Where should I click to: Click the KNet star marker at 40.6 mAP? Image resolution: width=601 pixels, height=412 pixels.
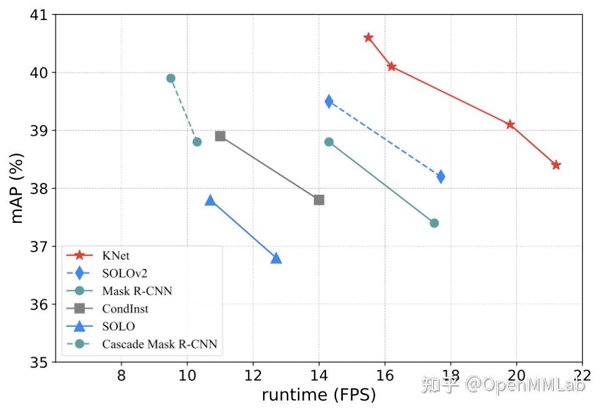tap(368, 37)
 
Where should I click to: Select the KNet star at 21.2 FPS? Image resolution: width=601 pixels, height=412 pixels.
tap(556, 165)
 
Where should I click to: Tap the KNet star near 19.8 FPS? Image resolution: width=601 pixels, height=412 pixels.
tap(510, 124)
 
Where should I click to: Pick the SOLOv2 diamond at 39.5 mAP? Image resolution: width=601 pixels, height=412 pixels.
tap(329, 102)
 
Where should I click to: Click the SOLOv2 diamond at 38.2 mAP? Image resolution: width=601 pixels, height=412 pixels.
tap(440, 177)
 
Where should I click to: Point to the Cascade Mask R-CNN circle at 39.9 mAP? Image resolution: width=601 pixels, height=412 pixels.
tap(171, 78)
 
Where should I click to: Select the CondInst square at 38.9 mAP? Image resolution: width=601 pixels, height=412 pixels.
tap(220, 136)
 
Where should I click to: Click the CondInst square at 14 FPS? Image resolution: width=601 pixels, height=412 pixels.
tap(319, 200)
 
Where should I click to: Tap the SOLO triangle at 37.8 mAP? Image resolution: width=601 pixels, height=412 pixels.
tap(210, 200)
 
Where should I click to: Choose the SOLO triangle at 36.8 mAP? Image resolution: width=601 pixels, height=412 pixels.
tap(276, 258)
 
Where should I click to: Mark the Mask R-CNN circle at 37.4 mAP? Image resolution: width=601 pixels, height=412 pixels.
tap(434, 223)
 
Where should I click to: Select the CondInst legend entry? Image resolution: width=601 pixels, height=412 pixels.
tap(125, 308)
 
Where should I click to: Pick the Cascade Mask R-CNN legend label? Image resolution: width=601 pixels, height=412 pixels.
tap(159, 344)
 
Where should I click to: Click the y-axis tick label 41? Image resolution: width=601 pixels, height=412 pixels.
tap(39, 14)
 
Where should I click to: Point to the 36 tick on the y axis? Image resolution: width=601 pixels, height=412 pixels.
tap(39, 305)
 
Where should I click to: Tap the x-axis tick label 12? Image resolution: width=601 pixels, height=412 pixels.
tap(252, 376)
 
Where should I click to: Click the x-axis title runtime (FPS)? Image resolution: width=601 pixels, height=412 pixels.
tap(319, 395)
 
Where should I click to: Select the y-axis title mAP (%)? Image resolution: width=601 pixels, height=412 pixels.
tap(17, 187)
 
